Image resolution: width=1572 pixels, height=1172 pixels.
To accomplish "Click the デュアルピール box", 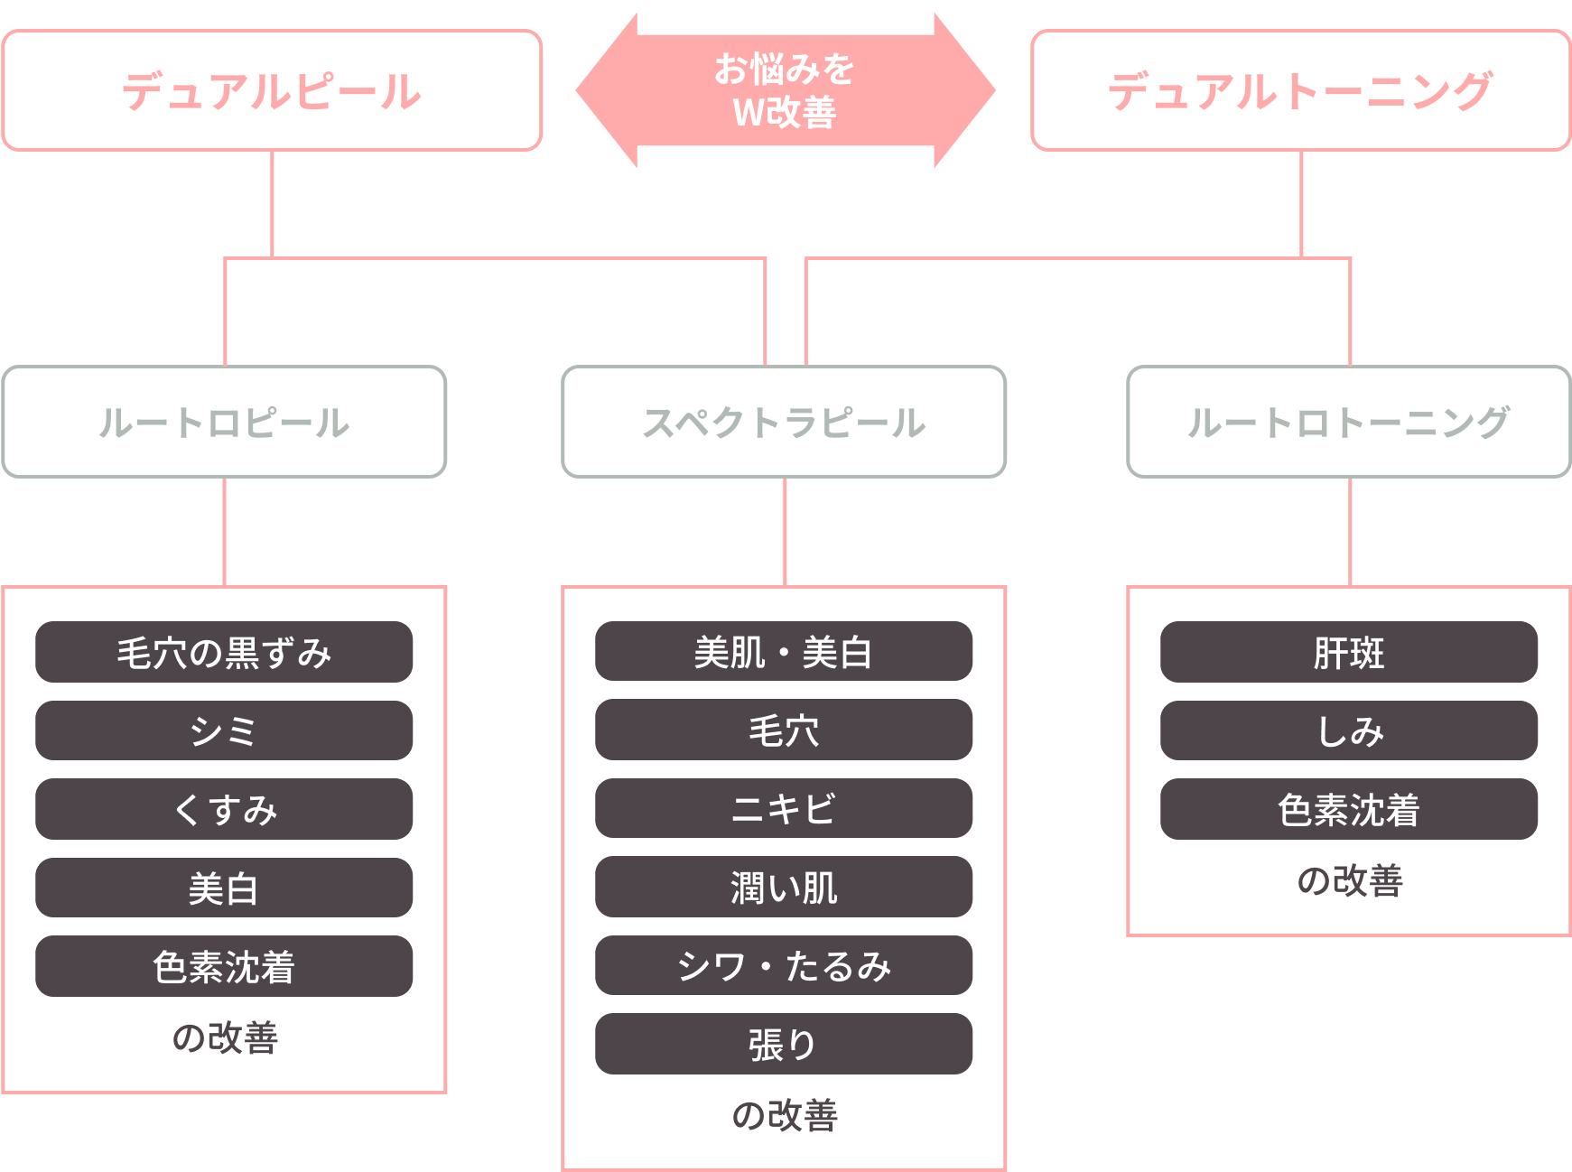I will [x=272, y=90].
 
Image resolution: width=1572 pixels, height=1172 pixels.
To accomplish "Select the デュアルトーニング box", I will [x=1300, y=90].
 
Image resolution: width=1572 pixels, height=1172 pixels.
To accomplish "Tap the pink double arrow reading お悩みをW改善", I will [x=785, y=90].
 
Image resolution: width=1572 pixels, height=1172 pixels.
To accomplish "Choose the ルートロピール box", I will [x=224, y=422].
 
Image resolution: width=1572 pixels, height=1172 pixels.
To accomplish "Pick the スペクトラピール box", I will [x=784, y=422].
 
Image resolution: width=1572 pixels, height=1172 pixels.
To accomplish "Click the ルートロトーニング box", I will [x=1348, y=422].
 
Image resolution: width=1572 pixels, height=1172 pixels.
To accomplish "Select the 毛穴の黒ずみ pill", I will [x=224, y=652].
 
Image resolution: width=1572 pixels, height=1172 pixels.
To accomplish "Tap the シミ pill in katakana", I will [x=224, y=730].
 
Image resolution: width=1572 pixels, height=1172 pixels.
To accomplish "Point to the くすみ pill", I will [x=224, y=809].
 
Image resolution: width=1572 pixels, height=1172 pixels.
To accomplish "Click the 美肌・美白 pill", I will [x=784, y=652].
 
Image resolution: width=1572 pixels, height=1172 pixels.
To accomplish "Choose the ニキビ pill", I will [x=784, y=808].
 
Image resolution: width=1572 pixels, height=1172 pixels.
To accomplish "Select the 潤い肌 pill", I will [x=784, y=887].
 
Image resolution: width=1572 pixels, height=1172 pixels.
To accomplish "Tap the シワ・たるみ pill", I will [x=784, y=965].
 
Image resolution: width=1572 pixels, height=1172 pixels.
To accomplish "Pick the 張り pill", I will [x=784, y=1044].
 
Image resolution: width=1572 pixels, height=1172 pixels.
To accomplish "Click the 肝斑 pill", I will [x=1348, y=652].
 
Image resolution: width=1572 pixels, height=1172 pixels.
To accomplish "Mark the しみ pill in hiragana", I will [x=1348, y=730].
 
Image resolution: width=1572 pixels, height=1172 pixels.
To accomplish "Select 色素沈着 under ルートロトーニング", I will [x=1348, y=809].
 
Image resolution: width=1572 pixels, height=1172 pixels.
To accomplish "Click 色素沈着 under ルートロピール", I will [x=224, y=966].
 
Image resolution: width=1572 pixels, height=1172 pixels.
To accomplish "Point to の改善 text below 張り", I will [x=784, y=1115].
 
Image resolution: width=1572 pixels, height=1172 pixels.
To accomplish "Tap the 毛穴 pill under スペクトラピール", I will [x=784, y=730].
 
